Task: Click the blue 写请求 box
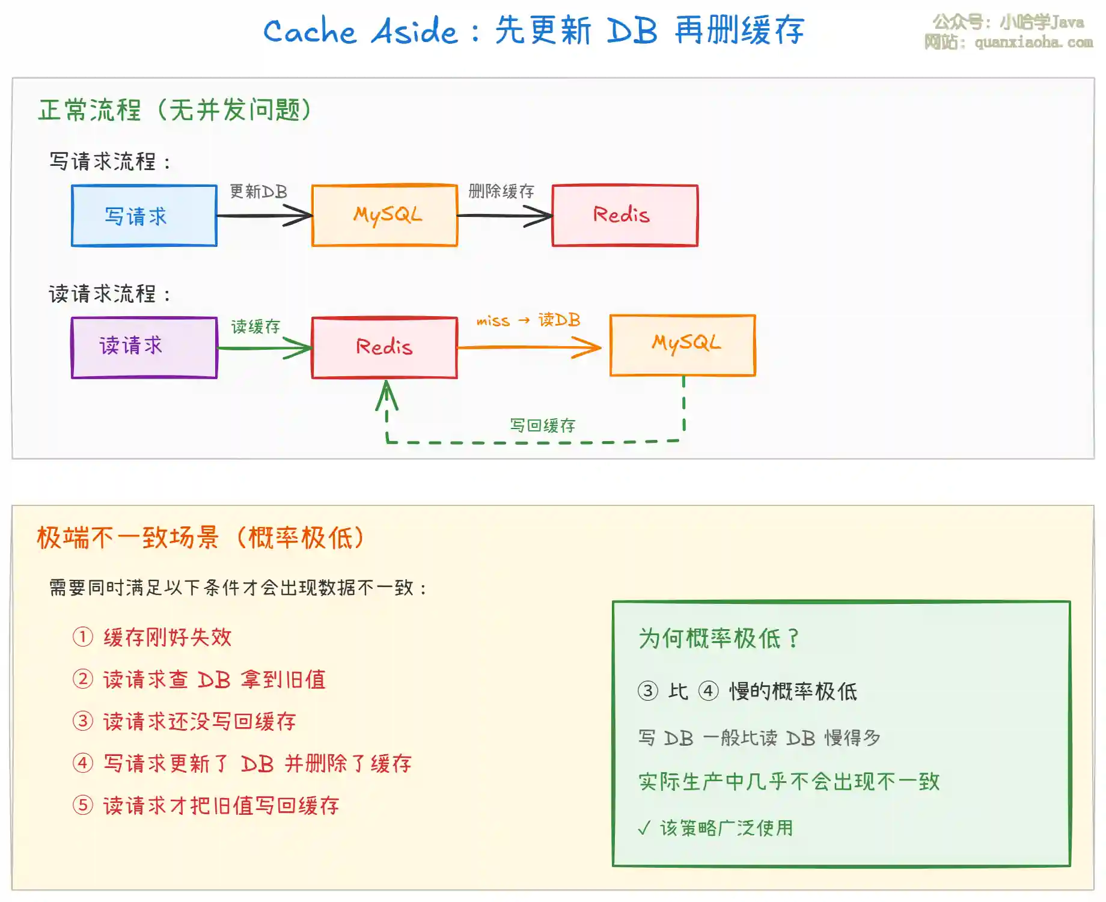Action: (144, 216)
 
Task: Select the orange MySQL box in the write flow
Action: (385, 215)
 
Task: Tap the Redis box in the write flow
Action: (625, 215)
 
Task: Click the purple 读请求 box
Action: (144, 347)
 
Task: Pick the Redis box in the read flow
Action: (385, 347)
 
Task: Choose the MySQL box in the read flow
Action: (683, 345)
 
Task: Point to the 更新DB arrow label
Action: (258, 192)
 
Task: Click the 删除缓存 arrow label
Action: (501, 192)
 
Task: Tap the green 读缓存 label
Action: (256, 326)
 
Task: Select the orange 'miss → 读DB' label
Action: (528, 320)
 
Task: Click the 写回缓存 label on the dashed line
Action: (543, 425)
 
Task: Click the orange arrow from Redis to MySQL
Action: (529, 347)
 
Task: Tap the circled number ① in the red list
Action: (83, 637)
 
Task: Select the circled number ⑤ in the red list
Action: (83, 805)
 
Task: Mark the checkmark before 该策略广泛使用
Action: (644, 828)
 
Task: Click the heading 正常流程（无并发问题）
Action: (175, 110)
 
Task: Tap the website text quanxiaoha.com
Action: (1034, 42)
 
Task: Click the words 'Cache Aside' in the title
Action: (361, 31)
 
